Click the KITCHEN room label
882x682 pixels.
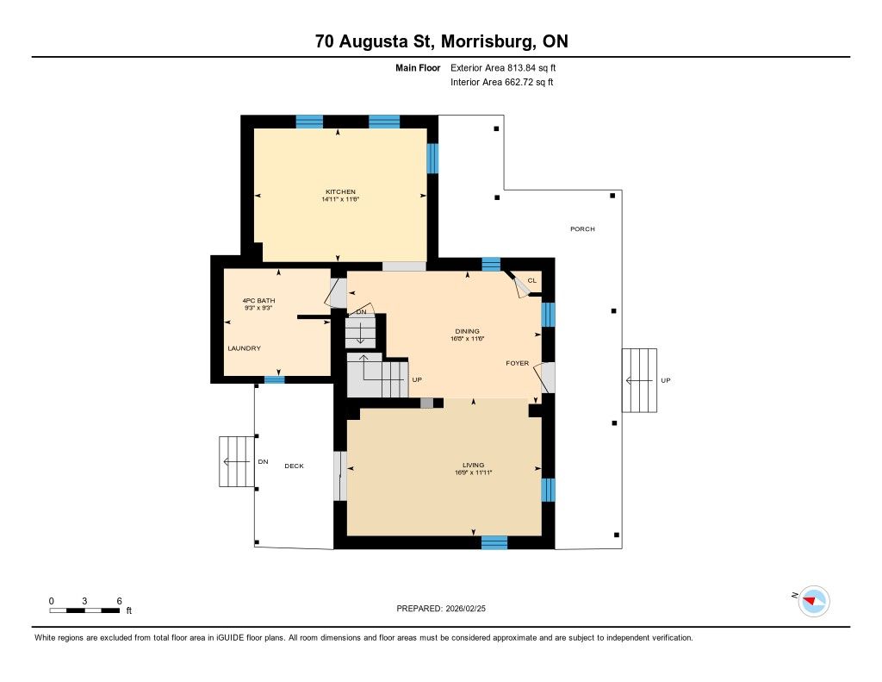click(x=340, y=191)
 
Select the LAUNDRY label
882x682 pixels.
click(x=244, y=348)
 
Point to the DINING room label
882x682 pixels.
click(x=468, y=331)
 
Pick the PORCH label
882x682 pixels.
click(x=582, y=228)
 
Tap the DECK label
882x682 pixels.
click(x=295, y=466)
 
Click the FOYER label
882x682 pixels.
click(x=517, y=363)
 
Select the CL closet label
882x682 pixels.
click(x=531, y=280)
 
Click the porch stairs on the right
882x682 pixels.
click(x=639, y=380)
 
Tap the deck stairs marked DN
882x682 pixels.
click(x=235, y=461)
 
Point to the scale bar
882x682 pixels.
click(x=84, y=610)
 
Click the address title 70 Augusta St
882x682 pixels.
click(x=441, y=41)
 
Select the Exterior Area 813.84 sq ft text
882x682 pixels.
click(x=509, y=67)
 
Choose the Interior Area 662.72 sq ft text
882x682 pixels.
click(x=501, y=83)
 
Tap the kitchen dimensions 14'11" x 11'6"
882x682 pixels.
click(x=340, y=199)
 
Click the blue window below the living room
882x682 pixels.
click(x=494, y=542)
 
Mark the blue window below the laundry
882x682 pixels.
click(x=275, y=379)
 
